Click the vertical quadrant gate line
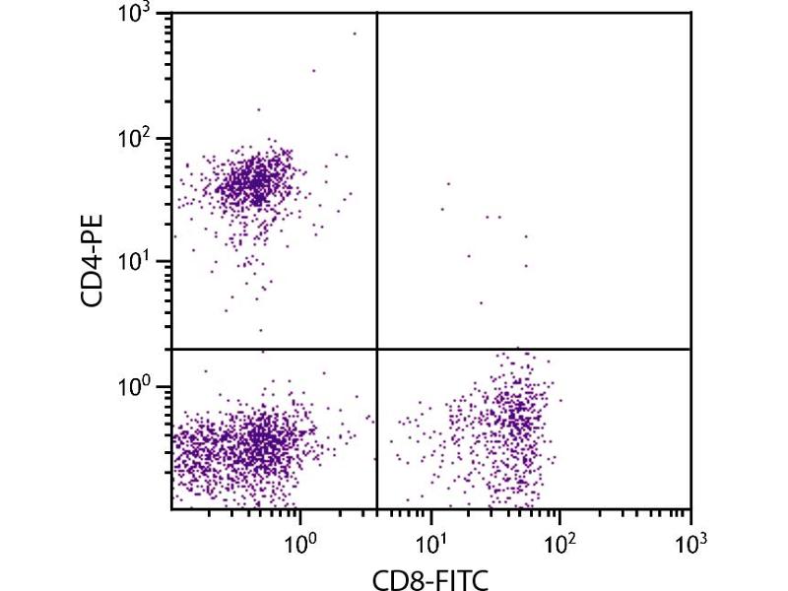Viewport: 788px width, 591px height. pos(377,197)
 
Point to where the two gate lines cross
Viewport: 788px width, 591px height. pos(377,349)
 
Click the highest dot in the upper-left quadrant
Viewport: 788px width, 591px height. pos(355,33)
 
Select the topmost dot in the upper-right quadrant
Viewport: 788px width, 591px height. pos(448,183)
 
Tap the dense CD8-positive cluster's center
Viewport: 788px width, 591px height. pos(512,419)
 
